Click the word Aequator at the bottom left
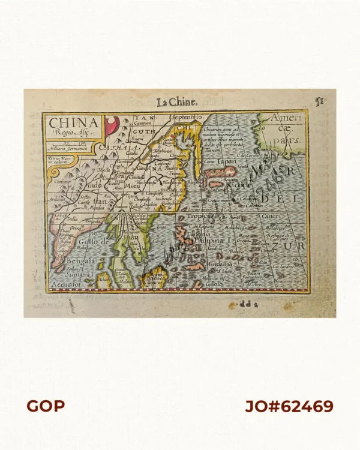62,286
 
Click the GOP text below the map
45,406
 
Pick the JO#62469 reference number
289,406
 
